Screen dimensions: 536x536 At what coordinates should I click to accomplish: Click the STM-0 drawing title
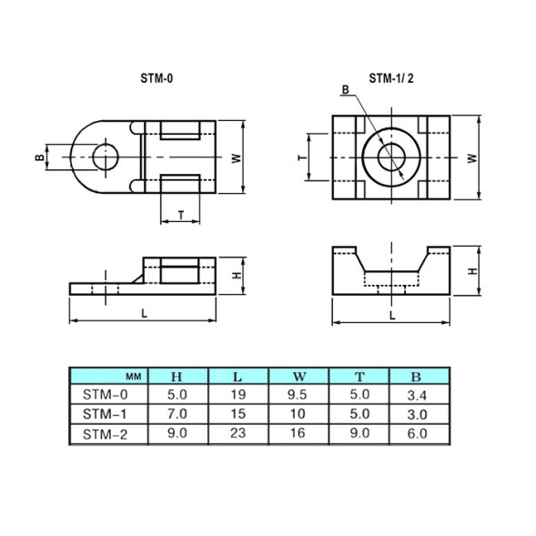pos(157,79)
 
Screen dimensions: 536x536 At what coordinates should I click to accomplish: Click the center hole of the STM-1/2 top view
pos(392,157)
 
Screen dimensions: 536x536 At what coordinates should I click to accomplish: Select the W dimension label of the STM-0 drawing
pos(235,157)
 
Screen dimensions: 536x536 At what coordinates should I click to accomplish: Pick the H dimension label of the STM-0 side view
pos(235,275)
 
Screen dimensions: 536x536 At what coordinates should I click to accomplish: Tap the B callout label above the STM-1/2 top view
pos(346,89)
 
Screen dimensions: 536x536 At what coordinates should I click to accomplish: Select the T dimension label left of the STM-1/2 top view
pos(301,157)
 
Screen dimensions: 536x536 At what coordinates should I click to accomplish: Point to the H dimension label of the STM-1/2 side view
pos(471,271)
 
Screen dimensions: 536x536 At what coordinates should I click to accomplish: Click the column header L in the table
pos(238,376)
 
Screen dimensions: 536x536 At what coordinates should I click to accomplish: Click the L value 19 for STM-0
pos(238,396)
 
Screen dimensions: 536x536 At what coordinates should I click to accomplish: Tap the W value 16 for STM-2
pos(298,434)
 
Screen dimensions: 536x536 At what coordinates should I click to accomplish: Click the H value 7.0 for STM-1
pos(177,415)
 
